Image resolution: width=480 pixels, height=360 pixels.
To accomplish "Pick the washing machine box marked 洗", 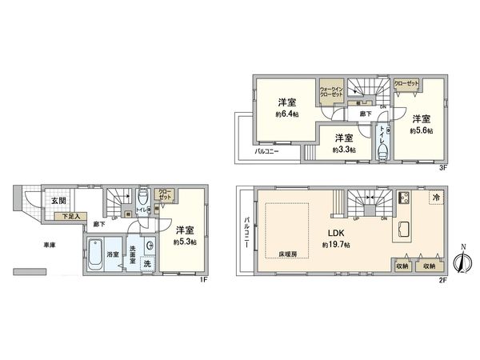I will point(147,263).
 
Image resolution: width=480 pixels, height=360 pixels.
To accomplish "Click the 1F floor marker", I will point(205,279).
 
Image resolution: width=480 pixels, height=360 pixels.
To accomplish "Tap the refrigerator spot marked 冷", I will point(436,197).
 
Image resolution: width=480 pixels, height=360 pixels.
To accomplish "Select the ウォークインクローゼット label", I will point(331,91).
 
